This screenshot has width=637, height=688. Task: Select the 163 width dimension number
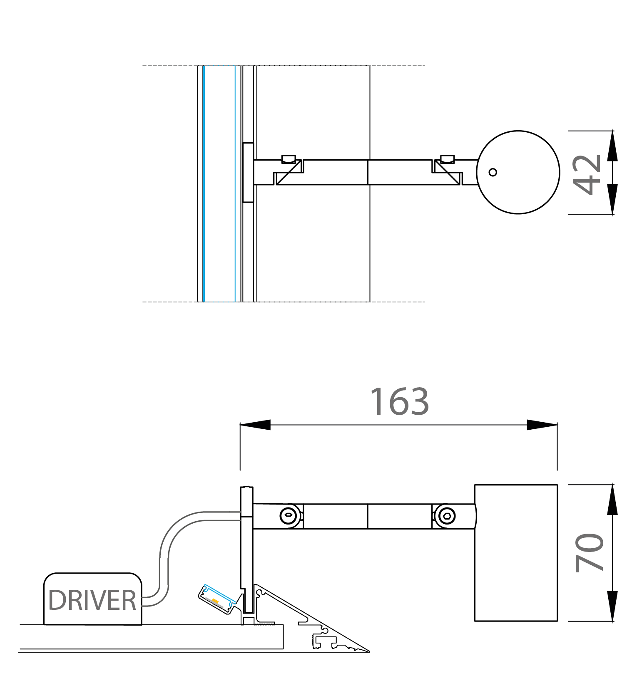coord(399,401)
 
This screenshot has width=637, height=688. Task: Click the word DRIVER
coord(92,600)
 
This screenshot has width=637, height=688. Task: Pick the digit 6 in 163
coord(399,402)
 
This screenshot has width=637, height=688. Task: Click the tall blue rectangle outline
coord(204,183)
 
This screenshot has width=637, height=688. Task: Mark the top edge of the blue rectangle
coord(219,66)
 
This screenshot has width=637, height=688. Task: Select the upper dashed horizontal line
coord(333,65)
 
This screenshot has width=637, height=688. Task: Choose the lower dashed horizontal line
coord(333,302)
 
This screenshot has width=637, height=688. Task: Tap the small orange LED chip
coord(215,601)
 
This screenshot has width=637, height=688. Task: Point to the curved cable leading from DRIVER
coord(164,553)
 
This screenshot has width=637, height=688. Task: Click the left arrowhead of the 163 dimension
coord(255,425)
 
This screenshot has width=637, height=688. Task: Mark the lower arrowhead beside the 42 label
coord(612,200)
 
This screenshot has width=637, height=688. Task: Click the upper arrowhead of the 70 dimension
coord(612,501)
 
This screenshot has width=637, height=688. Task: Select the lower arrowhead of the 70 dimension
coord(612,605)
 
